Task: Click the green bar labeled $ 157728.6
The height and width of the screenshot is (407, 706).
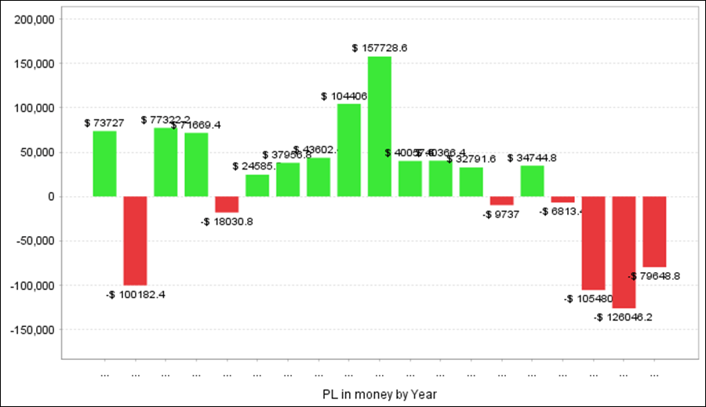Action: [380, 126]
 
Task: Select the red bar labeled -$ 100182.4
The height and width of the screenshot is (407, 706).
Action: [135, 241]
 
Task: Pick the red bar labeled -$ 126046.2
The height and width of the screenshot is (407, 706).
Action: [624, 252]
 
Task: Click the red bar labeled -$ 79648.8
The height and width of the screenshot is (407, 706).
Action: [654, 231]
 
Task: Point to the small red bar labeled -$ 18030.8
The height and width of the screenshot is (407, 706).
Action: [227, 204]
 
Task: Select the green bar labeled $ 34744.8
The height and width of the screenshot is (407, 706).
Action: [532, 180]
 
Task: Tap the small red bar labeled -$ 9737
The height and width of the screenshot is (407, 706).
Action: [501, 200]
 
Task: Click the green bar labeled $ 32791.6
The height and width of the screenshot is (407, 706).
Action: [471, 181]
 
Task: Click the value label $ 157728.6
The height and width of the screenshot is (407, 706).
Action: [380, 48]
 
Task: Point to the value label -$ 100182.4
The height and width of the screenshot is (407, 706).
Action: [135, 295]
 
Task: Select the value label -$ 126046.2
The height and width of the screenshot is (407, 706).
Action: [623, 318]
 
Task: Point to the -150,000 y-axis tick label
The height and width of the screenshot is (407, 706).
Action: [31, 329]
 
